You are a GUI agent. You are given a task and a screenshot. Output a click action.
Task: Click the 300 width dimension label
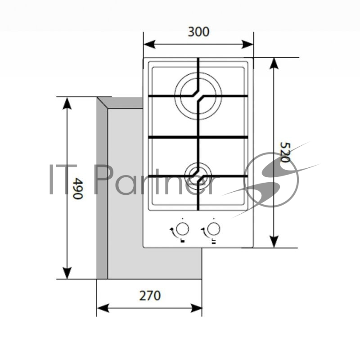[x=198, y=31]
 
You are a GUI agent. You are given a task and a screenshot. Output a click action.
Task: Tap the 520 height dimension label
[x=285, y=153]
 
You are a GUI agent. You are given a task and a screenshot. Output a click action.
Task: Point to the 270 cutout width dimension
[x=150, y=296]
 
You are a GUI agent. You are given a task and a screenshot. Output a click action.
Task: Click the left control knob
[x=183, y=229]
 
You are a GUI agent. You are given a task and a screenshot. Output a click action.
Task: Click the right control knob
[x=213, y=229]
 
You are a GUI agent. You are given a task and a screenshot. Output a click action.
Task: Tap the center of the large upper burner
[x=198, y=96]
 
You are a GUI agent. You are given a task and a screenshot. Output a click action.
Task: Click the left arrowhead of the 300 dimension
[x=149, y=44]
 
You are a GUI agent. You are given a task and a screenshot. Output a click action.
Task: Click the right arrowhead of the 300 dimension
[x=247, y=44]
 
